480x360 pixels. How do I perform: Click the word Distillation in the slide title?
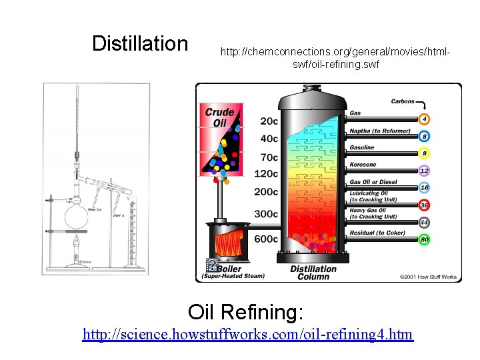pos(140,44)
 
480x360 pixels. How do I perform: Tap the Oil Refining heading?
pos(245,311)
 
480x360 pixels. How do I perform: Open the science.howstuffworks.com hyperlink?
pos(247,334)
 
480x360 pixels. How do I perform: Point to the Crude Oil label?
pos(219,117)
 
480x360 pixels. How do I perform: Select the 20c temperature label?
pos(269,121)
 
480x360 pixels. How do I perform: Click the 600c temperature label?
pos(267,239)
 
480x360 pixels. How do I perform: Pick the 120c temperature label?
pos(267,174)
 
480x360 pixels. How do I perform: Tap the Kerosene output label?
pos(363,165)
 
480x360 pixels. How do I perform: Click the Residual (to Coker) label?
pos(377,233)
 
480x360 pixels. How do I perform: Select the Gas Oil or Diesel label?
pos(373,181)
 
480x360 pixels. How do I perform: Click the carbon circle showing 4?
pos(425,119)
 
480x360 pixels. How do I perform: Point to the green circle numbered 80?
pos(425,239)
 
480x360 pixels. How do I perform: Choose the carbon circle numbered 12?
pos(425,171)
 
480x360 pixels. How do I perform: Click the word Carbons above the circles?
pos(403,102)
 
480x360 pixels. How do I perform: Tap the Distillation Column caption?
pos(313,273)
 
